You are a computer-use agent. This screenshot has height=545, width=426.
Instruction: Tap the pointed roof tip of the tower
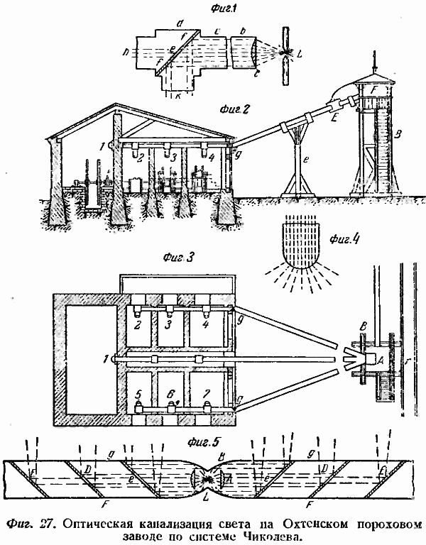372,55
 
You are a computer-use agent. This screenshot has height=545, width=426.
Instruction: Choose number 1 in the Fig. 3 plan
106,358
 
